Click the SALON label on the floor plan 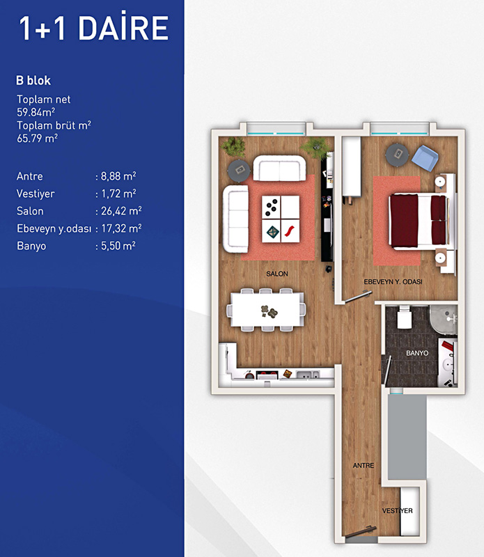[x=277, y=274]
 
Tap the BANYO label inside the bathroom [x=417, y=353]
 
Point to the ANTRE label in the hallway [x=364, y=465]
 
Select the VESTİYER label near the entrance [x=397, y=511]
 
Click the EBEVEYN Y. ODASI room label [x=393, y=282]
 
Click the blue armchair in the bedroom [x=425, y=159]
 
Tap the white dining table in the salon [x=265, y=309]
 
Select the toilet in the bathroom [x=405, y=317]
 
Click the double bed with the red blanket [x=419, y=221]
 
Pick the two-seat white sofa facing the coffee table [x=279, y=168]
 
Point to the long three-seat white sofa [x=235, y=219]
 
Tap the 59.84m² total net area [x=36, y=112]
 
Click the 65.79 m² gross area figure [x=38, y=138]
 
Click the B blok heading [x=33, y=81]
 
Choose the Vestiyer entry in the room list [x=36, y=194]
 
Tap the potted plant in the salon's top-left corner [x=233, y=146]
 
